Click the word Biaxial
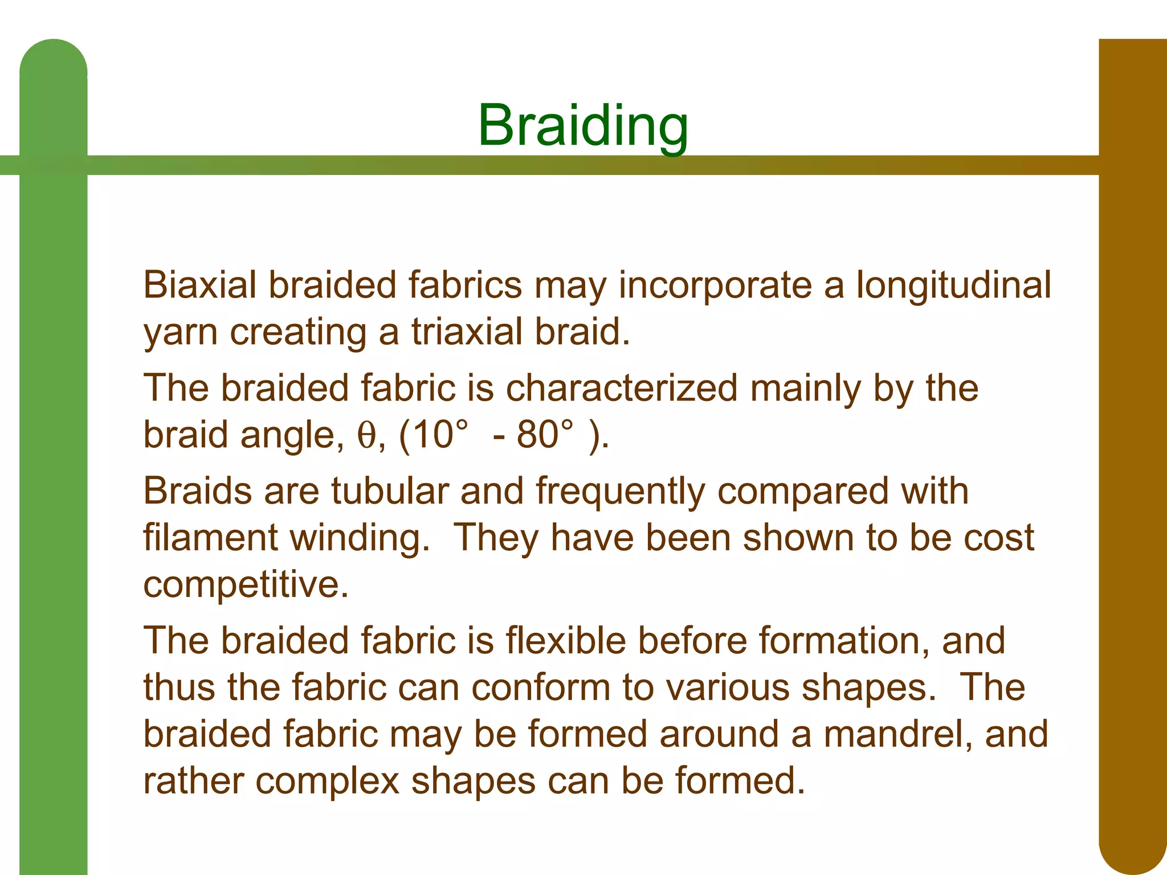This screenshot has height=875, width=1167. tap(199, 285)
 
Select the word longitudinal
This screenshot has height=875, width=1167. tap(954, 286)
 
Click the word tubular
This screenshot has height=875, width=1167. tap(390, 491)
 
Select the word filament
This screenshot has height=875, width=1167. tap(210, 538)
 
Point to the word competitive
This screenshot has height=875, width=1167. tap(246, 586)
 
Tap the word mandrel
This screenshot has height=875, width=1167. tap(898, 734)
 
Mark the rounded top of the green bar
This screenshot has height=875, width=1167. tap(53, 57)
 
